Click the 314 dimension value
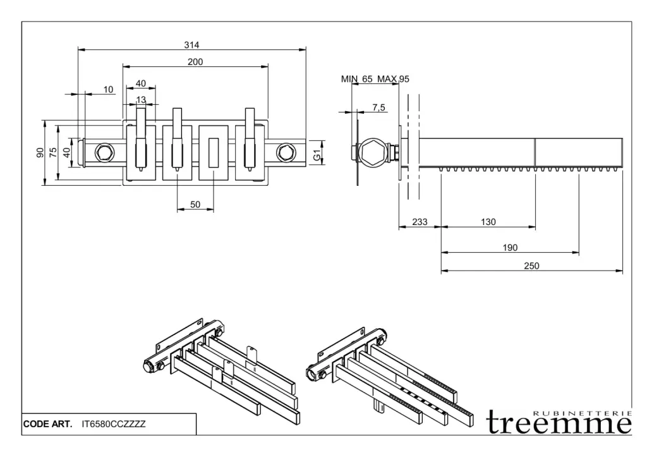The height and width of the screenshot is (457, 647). point(191,45)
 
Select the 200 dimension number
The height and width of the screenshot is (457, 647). point(195,61)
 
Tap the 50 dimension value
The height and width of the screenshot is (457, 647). point(195,205)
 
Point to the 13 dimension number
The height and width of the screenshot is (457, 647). point(141,100)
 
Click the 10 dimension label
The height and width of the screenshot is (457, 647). point(109,90)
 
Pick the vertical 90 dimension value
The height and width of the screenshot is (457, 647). point(39,152)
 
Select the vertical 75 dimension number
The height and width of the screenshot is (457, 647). point(53,152)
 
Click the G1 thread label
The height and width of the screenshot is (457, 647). point(318,152)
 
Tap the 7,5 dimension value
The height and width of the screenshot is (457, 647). point(379,108)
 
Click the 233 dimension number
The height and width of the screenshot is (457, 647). point(420,222)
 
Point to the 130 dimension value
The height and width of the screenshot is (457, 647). point(488,222)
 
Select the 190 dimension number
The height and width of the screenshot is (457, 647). point(510,247)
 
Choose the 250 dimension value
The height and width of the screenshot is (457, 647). point(531,266)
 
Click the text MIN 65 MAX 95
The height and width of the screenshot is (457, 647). point(375,79)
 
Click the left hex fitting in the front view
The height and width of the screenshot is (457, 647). point(103,152)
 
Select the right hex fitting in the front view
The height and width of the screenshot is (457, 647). point(286,152)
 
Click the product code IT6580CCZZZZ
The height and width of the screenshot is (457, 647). point(114,425)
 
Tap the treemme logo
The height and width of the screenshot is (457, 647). point(559,422)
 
